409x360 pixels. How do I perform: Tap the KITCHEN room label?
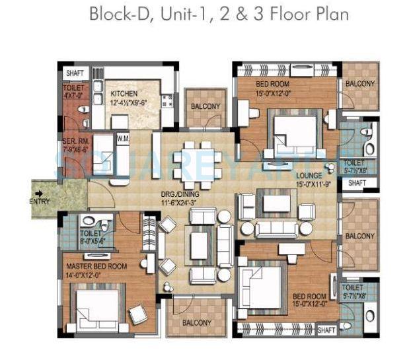pyautogui.click(x=124, y=93)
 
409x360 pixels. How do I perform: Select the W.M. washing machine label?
pyautogui.click(x=122, y=138)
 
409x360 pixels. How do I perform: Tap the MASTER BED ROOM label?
pyautogui.click(x=96, y=266)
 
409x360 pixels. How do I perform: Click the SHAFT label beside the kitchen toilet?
pyautogui.click(x=74, y=73)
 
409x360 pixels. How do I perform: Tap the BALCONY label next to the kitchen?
pyautogui.click(x=205, y=106)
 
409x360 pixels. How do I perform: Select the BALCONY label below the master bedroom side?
pyautogui.click(x=198, y=322)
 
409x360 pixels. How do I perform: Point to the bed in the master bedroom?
pyautogui.click(x=102, y=308)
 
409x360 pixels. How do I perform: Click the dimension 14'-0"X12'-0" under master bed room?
pyautogui.click(x=96, y=275)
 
